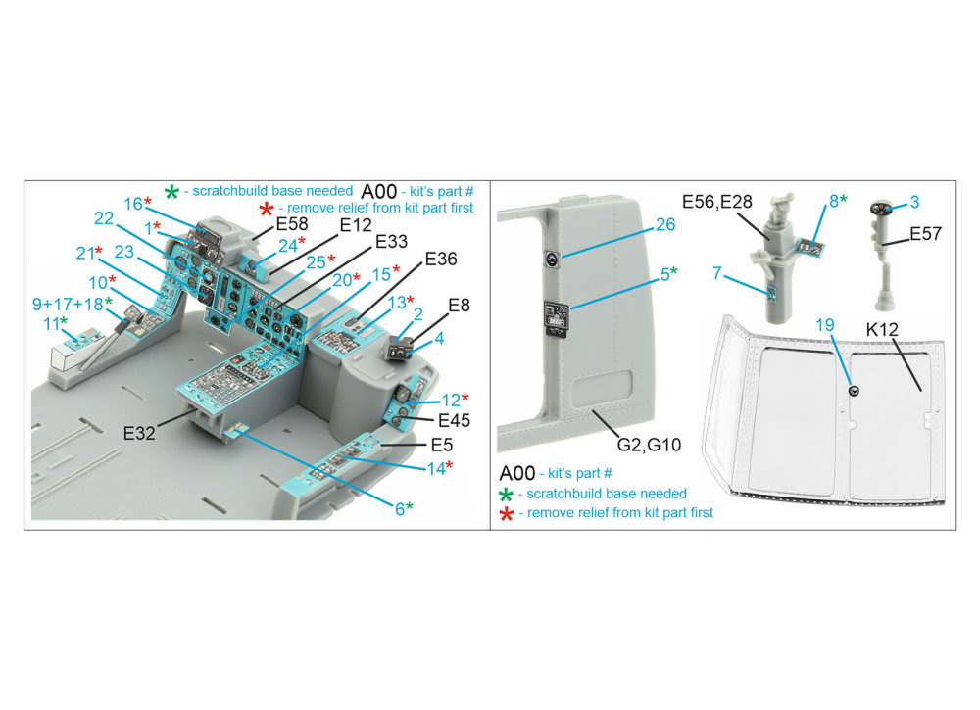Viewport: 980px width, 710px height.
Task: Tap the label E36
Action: point(441,260)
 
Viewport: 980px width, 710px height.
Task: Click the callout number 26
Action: point(664,225)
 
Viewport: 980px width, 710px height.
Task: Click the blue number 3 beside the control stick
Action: point(913,203)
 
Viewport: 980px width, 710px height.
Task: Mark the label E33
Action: point(392,240)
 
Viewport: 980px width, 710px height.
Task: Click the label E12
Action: point(357,224)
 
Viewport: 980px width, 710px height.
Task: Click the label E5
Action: point(443,444)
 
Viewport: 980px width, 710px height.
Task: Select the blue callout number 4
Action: point(439,340)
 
